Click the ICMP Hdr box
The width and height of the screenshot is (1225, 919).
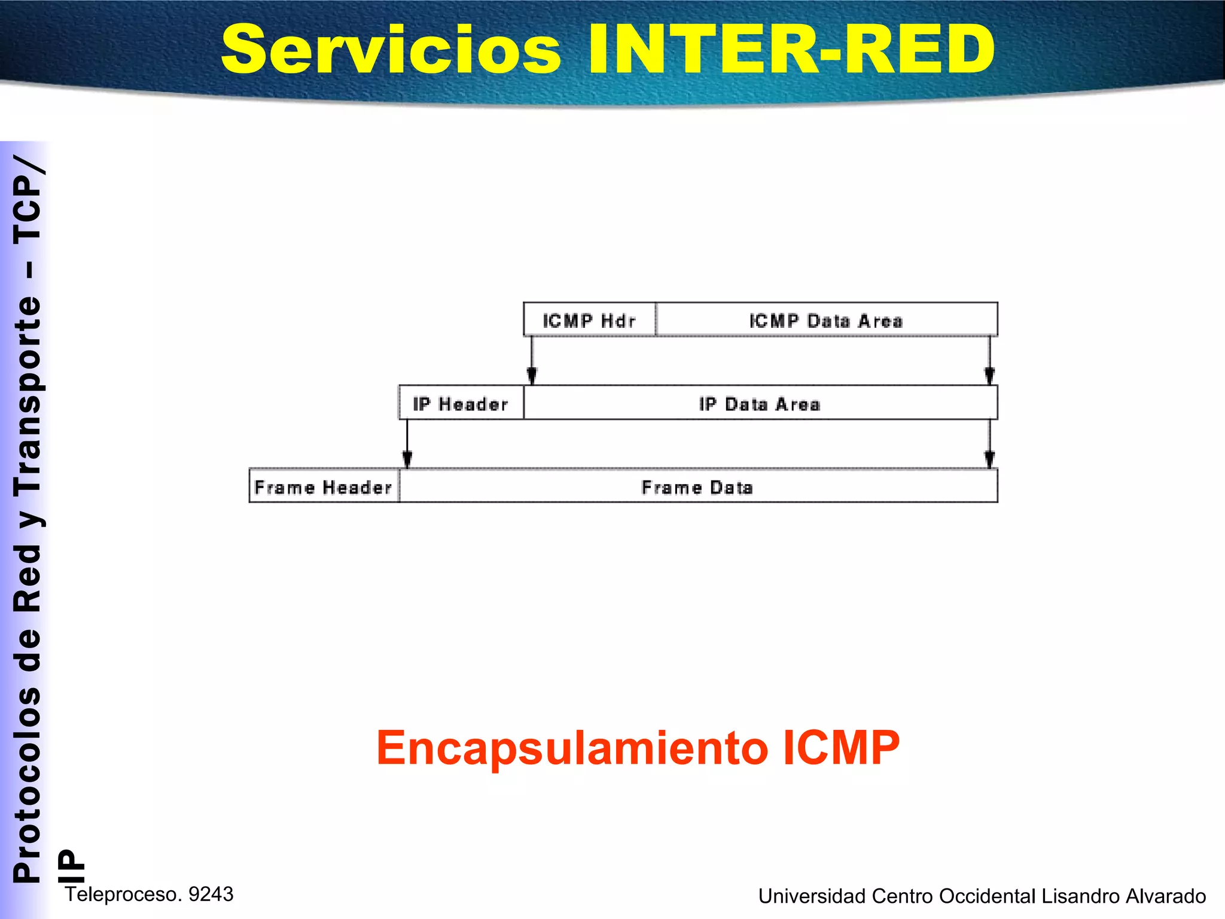[x=589, y=320]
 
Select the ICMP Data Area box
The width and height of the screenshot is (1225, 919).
[x=826, y=320]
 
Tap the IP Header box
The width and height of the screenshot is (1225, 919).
[x=461, y=403]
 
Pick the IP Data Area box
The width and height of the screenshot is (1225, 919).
[x=760, y=403]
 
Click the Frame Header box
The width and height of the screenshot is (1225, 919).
[x=324, y=486]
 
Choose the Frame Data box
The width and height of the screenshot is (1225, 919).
[x=697, y=486]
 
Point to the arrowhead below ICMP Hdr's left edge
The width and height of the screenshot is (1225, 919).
[x=532, y=376]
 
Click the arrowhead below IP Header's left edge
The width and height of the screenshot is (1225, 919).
[x=407, y=459]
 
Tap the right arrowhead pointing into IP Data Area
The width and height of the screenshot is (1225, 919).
[x=989, y=376]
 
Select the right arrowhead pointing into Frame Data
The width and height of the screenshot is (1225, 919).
[x=989, y=459]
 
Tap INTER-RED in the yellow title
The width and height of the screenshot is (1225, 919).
[x=791, y=50]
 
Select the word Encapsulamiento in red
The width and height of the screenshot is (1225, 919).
[x=571, y=748]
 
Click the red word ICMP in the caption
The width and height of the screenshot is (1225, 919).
[x=840, y=748]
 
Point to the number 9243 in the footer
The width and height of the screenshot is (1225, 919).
[x=211, y=894]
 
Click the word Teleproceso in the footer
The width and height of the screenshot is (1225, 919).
[x=123, y=894]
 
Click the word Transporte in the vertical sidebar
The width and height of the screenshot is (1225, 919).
[x=28, y=395]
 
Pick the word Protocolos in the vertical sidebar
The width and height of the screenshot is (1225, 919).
[x=28, y=784]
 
